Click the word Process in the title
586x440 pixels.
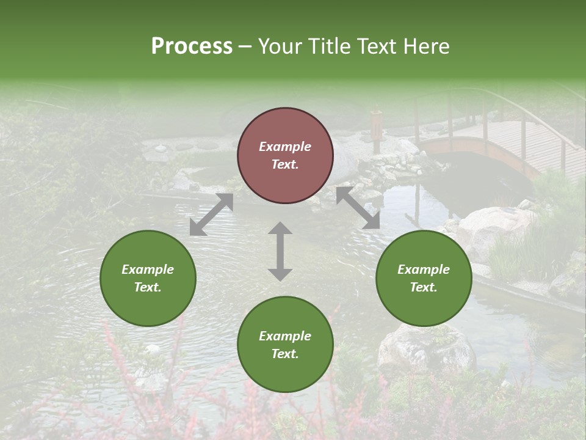coord(192,46)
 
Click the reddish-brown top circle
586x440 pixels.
coord(285,156)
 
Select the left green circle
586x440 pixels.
coord(148,278)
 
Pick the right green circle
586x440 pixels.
coord(424,278)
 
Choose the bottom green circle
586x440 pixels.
coord(285,345)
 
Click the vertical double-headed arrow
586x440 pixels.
coord(280,251)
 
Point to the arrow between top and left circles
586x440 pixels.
coord(211,215)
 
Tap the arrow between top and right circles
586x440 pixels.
coord(358,208)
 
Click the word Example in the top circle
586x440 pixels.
coord(285,147)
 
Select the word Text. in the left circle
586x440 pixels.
coord(148,287)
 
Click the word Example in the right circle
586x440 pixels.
coord(424,269)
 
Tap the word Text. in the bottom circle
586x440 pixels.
coord(285,354)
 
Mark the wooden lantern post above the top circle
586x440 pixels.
coord(376,128)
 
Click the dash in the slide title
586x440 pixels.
coord(245,46)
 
